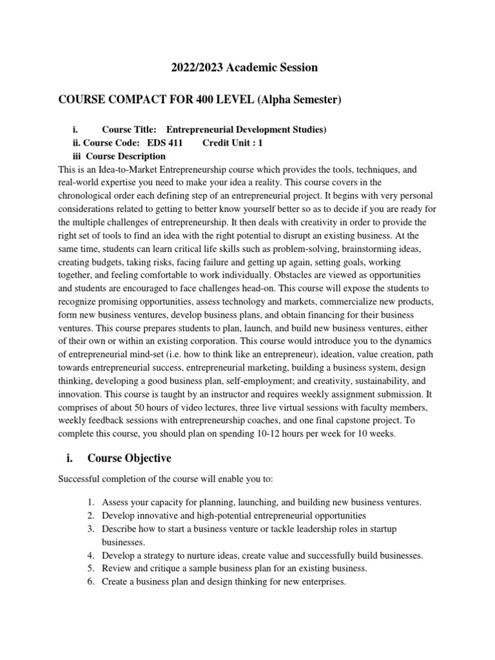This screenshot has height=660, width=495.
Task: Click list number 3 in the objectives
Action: click(91, 529)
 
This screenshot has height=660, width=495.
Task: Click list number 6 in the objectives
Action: click(91, 581)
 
